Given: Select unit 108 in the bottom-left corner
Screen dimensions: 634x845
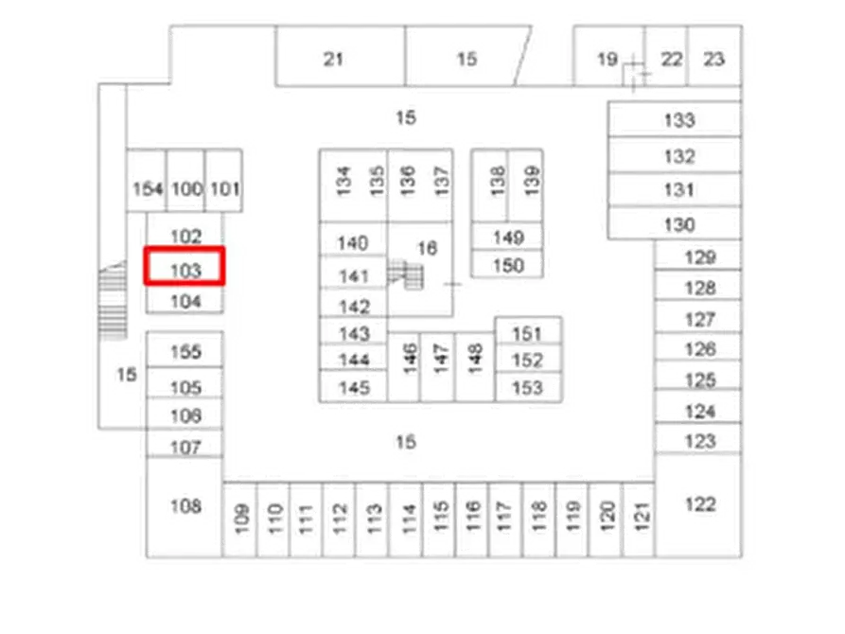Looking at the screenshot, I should [185, 506].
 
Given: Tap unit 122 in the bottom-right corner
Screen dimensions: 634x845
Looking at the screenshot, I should [701, 504].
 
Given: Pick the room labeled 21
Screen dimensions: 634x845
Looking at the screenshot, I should [332, 59].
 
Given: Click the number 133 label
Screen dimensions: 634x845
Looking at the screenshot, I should [678, 120].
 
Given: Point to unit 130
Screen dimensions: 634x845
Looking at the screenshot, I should [678, 225].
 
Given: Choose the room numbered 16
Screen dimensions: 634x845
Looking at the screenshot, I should [427, 248].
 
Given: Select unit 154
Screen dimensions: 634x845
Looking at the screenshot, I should [148, 188].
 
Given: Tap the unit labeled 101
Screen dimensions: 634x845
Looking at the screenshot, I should [223, 188].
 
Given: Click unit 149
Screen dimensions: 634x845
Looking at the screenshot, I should [509, 237].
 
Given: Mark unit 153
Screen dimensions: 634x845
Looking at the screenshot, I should [527, 387].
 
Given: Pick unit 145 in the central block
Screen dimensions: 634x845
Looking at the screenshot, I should [353, 387].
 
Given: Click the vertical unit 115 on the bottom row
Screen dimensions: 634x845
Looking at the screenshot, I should [440, 519].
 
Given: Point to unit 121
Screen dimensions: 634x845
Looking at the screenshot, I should [640, 519].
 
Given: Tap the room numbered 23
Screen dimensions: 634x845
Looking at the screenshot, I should [714, 59].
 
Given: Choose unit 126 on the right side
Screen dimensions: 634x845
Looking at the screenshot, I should [700, 349].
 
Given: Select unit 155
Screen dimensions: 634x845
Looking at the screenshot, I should [185, 352].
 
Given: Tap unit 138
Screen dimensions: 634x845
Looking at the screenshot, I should [498, 179].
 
